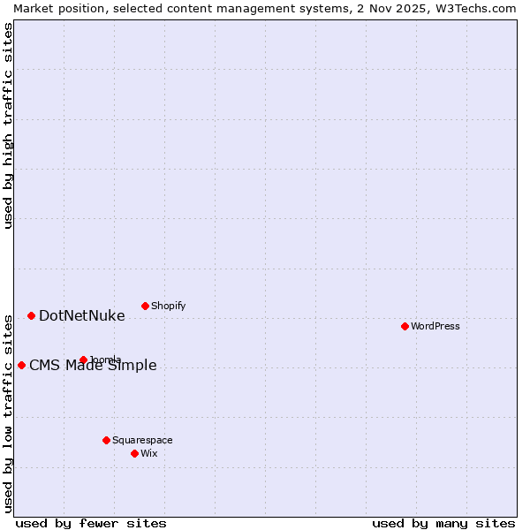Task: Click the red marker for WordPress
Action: pos(405,326)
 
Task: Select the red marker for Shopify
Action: pos(145,306)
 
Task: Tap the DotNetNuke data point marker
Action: pos(31,315)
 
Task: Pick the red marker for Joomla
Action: pos(83,360)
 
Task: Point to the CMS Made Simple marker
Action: pos(21,365)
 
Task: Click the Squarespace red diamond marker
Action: pos(106,440)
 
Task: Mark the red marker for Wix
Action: pos(134,453)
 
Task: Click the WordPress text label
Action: pos(435,326)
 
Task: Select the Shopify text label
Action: pos(168,306)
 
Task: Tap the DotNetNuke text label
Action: pos(82,315)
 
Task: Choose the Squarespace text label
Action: pos(142,440)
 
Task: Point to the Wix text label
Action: pos(149,453)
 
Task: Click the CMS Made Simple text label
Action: pos(93,366)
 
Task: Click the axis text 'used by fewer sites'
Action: pos(91,523)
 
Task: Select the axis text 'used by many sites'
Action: pos(443,523)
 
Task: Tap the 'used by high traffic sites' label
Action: pos(8,125)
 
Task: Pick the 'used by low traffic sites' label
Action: pos(8,413)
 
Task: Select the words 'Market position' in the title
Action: pos(55,8)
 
